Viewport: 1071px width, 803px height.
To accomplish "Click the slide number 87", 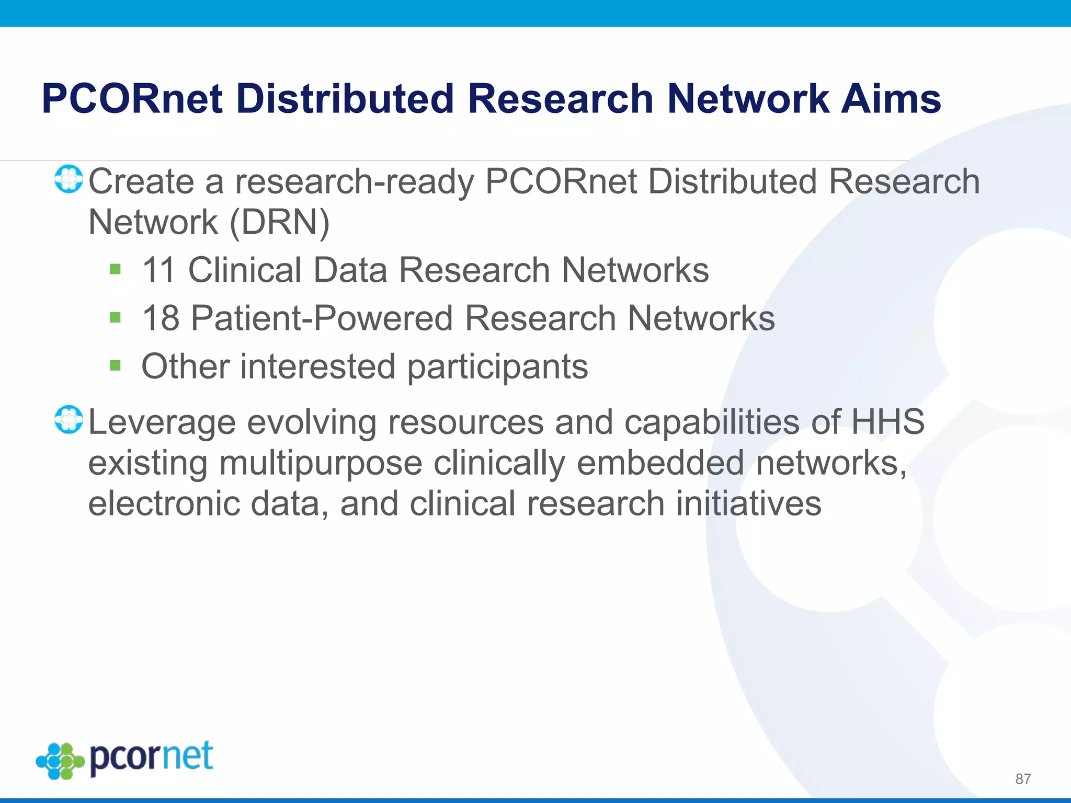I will [1023, 779].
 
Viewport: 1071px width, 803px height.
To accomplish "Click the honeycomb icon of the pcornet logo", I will [60, 761].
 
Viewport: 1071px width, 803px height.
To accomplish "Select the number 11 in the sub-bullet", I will [158, 270].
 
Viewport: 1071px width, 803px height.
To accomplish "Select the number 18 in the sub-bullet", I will [160, 318].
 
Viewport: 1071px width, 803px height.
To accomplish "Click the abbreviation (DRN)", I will [280, 223].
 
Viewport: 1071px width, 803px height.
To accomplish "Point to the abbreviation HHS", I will [888, 421].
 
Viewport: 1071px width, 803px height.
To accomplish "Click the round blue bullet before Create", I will [69, 179].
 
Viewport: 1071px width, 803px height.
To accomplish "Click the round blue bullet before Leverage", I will [69, 419].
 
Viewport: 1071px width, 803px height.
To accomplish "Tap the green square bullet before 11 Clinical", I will [116, 270].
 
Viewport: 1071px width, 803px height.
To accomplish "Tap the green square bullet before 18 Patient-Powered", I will [116, 317].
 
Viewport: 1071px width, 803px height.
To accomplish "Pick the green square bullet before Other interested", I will [116, 365].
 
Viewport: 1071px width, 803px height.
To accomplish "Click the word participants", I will [497, 367].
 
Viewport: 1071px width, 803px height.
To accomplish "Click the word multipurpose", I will [321, 463].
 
